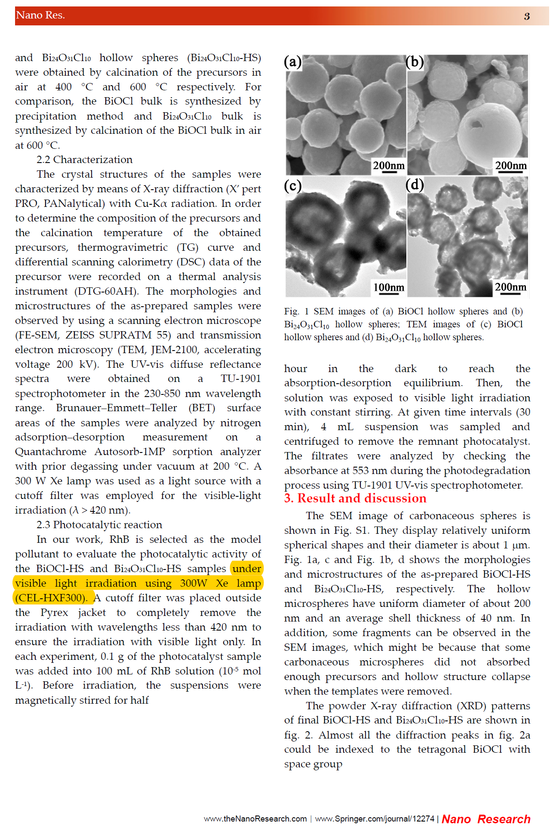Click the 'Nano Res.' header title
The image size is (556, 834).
tap(40, 15)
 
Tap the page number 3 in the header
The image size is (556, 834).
tap(526, 16)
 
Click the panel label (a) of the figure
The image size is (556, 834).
tap(293, 62)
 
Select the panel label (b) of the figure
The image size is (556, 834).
tap(415, 62)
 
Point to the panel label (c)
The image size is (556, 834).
tap(293, 185)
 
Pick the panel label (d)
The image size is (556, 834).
tap(415, 185)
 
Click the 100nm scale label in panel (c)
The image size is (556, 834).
tap(388, 287)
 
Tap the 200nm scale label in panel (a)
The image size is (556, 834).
tap(388, 166)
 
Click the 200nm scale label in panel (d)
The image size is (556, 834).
tap(510, 287)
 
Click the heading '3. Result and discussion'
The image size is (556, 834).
tap(355, 498)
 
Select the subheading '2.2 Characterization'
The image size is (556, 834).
tap(84, 160)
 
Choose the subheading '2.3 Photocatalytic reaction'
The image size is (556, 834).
tap(99, 525)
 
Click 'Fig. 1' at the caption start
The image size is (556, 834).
tap(296, 311)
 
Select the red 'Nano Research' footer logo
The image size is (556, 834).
tap(486, 819)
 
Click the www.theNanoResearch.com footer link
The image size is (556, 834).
tap(255, 819)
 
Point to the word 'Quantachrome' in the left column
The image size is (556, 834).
tap(51, 452)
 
